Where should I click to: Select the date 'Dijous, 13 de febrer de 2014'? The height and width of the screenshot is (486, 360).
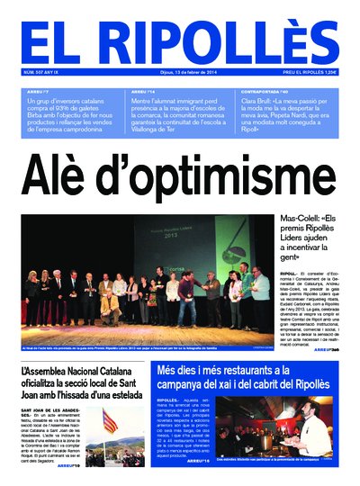coord(179,73)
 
